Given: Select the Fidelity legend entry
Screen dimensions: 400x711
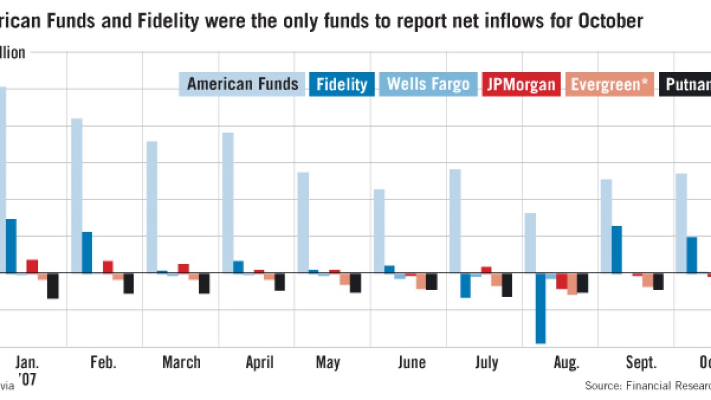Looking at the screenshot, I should tap(342, 84).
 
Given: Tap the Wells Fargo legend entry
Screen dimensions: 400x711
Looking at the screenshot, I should tap(428, 84).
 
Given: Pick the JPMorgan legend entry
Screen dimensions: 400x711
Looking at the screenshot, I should tap(521, 84).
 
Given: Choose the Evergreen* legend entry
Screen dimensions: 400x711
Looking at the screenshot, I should tap(609, 84).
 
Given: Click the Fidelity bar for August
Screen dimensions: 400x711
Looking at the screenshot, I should tap(540, 308).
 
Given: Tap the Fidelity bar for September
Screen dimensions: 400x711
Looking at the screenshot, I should tap(617, 249).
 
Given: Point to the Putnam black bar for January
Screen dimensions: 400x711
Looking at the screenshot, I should tap(53, 286).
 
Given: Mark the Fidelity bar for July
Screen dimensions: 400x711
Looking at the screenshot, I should tap(465, 286).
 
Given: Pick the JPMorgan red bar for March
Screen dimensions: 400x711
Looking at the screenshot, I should tap(183, 268).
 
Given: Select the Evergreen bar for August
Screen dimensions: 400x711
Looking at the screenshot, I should tap(572, 284).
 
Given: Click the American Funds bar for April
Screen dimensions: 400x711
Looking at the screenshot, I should tap(228, 203).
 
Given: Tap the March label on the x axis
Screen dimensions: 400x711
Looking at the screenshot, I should tap(181, 363).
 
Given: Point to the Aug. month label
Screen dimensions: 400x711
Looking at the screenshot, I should tap(566, 363).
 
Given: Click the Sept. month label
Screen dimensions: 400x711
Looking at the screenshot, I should tap(641, 363).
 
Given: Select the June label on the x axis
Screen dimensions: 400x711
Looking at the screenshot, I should tap(412, 363).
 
